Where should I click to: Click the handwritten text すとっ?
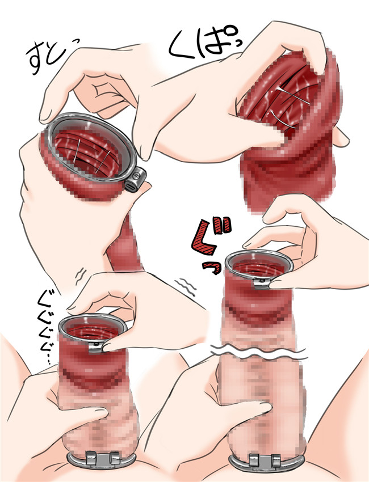pos(49,57)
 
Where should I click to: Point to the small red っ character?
pos(212,268)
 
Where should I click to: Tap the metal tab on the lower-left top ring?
pos(96,346)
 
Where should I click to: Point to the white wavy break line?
pos(258,352)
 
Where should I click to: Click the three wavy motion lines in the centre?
pos(186,287)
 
